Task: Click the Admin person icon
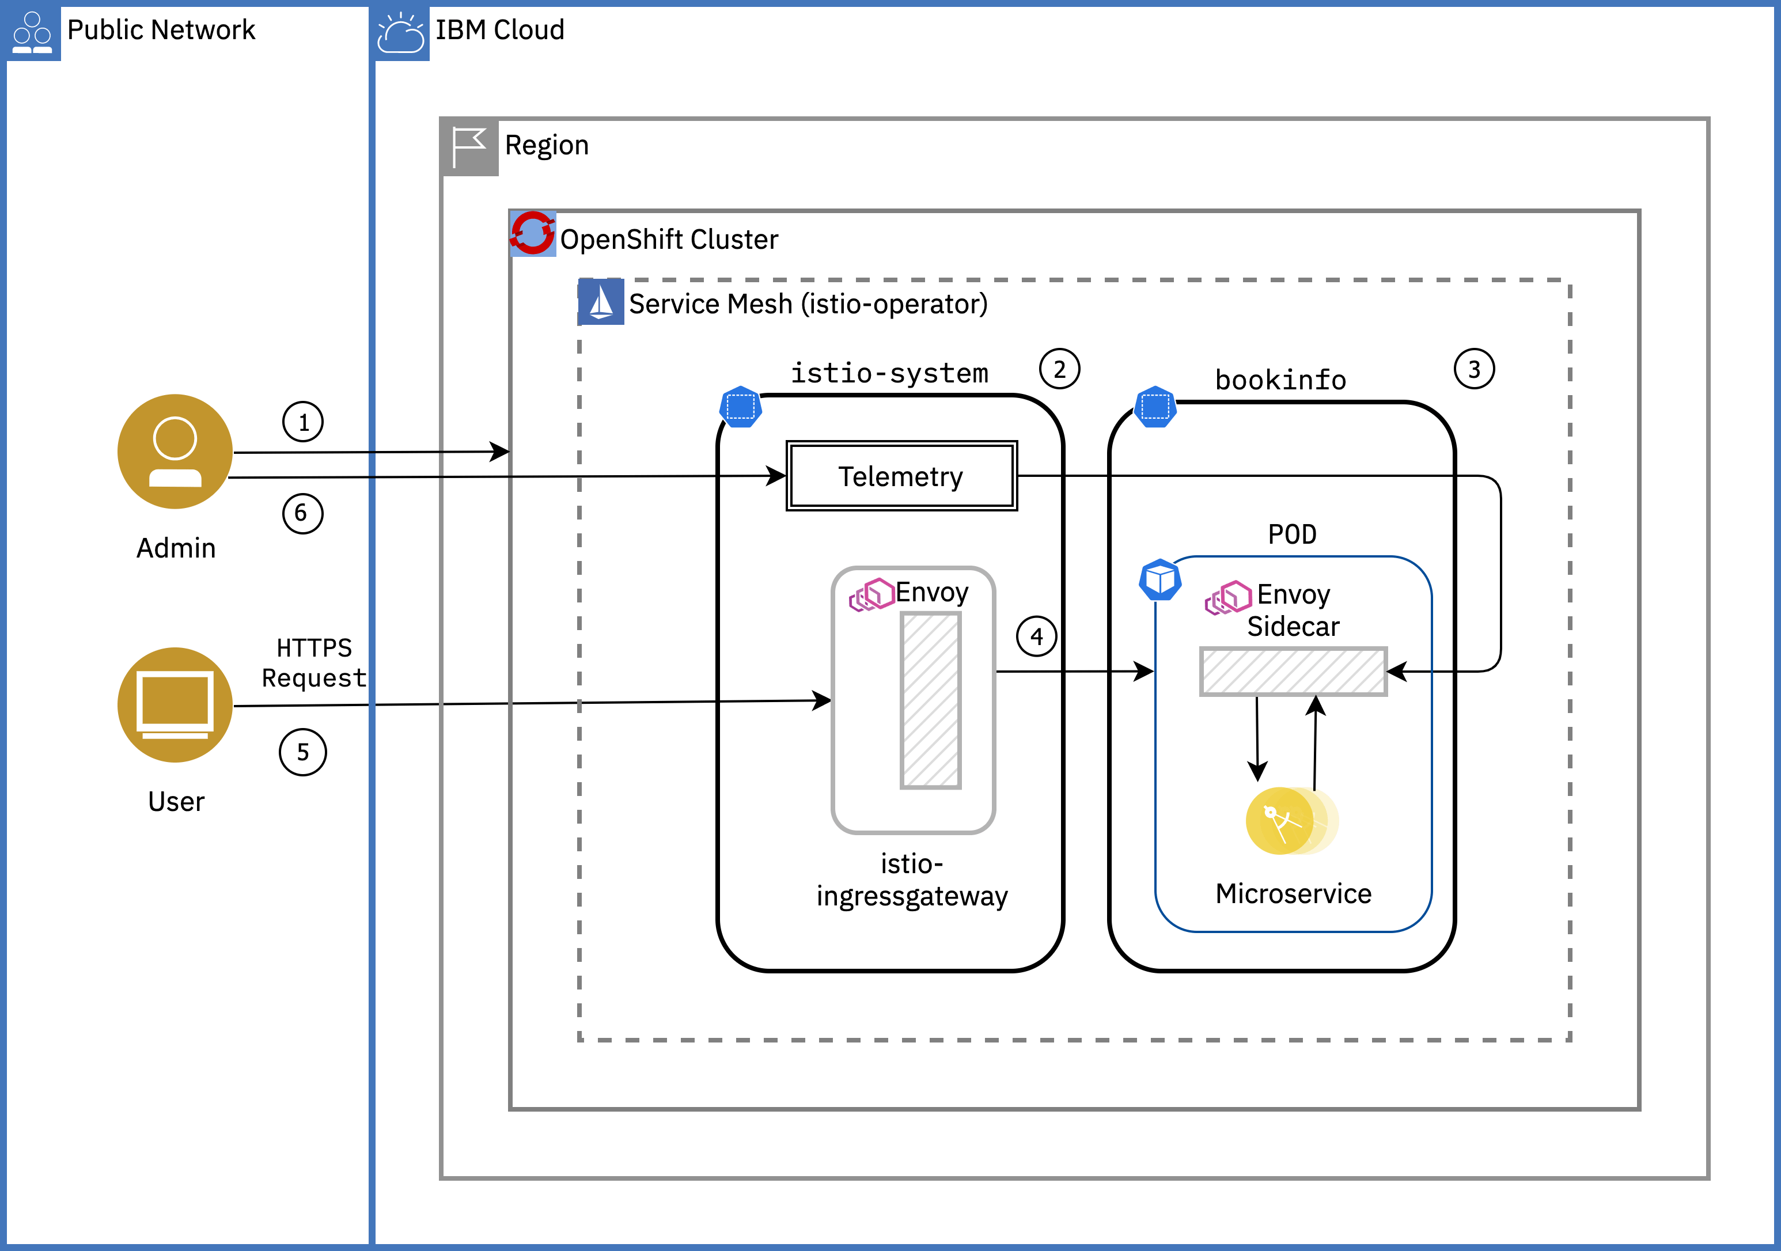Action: [175, 452]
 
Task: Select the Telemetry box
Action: [901, 476]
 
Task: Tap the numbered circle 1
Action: [302, 422]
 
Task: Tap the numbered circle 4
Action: [1036, 637]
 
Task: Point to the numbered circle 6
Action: [302, 513]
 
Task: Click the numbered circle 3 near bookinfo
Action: [1474, 369]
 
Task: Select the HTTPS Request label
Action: [313, 663]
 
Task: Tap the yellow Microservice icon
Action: [1291, 821]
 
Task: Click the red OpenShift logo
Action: [532, 233]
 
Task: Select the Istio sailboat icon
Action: [600, 302]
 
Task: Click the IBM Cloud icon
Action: [400, 33]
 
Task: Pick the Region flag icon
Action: [468, 146]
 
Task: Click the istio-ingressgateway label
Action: [911, 880]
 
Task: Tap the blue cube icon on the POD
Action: [1159, 579]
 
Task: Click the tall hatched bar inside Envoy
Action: [930, 700]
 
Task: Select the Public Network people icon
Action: [33, 33]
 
